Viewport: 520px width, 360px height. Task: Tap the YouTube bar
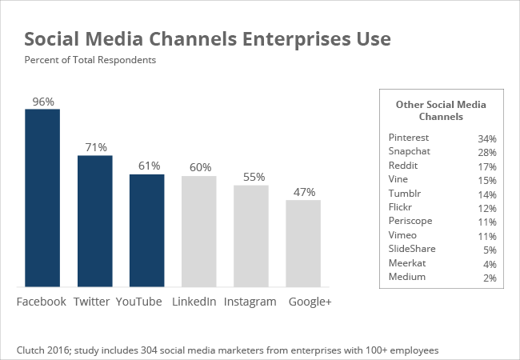point(147,230)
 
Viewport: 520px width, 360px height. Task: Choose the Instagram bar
point(250,235)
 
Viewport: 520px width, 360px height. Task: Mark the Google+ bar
point(303,242)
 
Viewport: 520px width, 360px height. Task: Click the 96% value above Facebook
point(42,102)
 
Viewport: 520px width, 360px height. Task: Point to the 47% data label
point(304,192)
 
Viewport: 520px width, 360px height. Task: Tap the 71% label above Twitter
point(95,148)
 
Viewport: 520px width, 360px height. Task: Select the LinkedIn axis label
point(194,302)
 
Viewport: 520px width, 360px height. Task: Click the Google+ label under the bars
point(310,302)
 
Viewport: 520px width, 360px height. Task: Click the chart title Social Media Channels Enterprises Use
point(207,39)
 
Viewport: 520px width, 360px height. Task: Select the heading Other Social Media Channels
point(441,110)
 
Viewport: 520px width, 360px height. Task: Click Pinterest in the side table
point(408,138)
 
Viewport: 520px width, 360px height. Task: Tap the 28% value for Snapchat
point(487,152)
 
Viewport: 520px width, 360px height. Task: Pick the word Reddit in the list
point(402,166)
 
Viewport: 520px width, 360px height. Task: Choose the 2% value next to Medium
point(490,278)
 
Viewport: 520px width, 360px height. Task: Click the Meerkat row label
point(406,263)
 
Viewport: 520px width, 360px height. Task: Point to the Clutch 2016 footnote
point(227,350)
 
